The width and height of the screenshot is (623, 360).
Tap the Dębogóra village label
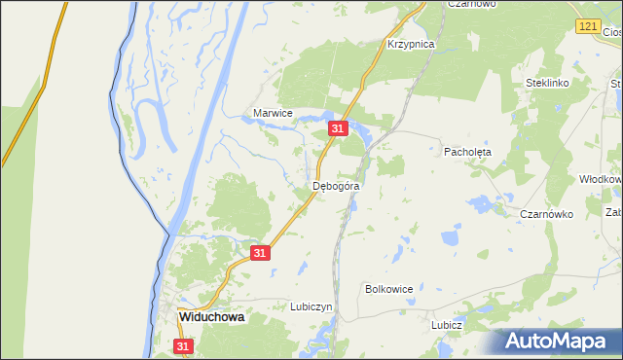click(337, 185)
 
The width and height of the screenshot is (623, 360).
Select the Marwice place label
click(273, 113)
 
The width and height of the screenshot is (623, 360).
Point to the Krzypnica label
click(410, 45)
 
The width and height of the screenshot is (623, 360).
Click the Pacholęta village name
click(468, 153)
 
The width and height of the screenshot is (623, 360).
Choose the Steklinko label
click(546, 84)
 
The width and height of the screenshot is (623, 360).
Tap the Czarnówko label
click(546, 213)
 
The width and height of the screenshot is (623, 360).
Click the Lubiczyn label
click(311, 306)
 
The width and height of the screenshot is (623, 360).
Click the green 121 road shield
click(586, 28)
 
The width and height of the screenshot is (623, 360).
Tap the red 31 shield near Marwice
click(338, 127)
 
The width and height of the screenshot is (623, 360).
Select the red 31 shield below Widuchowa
click(184, 345)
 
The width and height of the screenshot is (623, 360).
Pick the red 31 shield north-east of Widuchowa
click(259, 252)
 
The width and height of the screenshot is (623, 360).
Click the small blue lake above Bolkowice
click(450, 236)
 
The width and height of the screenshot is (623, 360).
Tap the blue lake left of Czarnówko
click(479, 202)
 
